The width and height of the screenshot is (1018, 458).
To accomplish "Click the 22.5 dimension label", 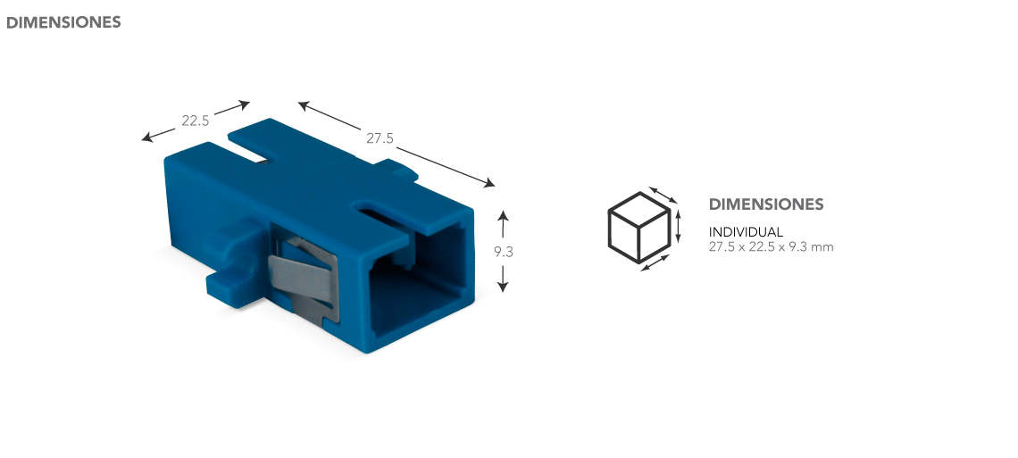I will [x=195, y=121].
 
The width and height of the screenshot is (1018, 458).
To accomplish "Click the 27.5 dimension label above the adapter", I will [x=380, y=137].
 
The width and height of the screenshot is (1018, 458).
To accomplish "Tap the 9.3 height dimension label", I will [x=503, y=252].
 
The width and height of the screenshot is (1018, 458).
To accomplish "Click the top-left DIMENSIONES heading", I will [x=63, y=22].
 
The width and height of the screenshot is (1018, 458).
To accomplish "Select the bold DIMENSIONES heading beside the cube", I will [x=766, y=204].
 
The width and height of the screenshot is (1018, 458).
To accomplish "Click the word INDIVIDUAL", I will [x=746, y=232].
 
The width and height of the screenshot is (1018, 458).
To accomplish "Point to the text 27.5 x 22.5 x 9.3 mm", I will [x=771, y=246].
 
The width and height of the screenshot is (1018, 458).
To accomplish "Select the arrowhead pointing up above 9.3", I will [x=503, y=215].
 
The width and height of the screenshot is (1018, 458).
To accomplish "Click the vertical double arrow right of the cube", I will [x=678, y=226].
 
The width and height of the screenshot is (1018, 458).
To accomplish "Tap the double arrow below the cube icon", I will [x=655, y=262].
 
